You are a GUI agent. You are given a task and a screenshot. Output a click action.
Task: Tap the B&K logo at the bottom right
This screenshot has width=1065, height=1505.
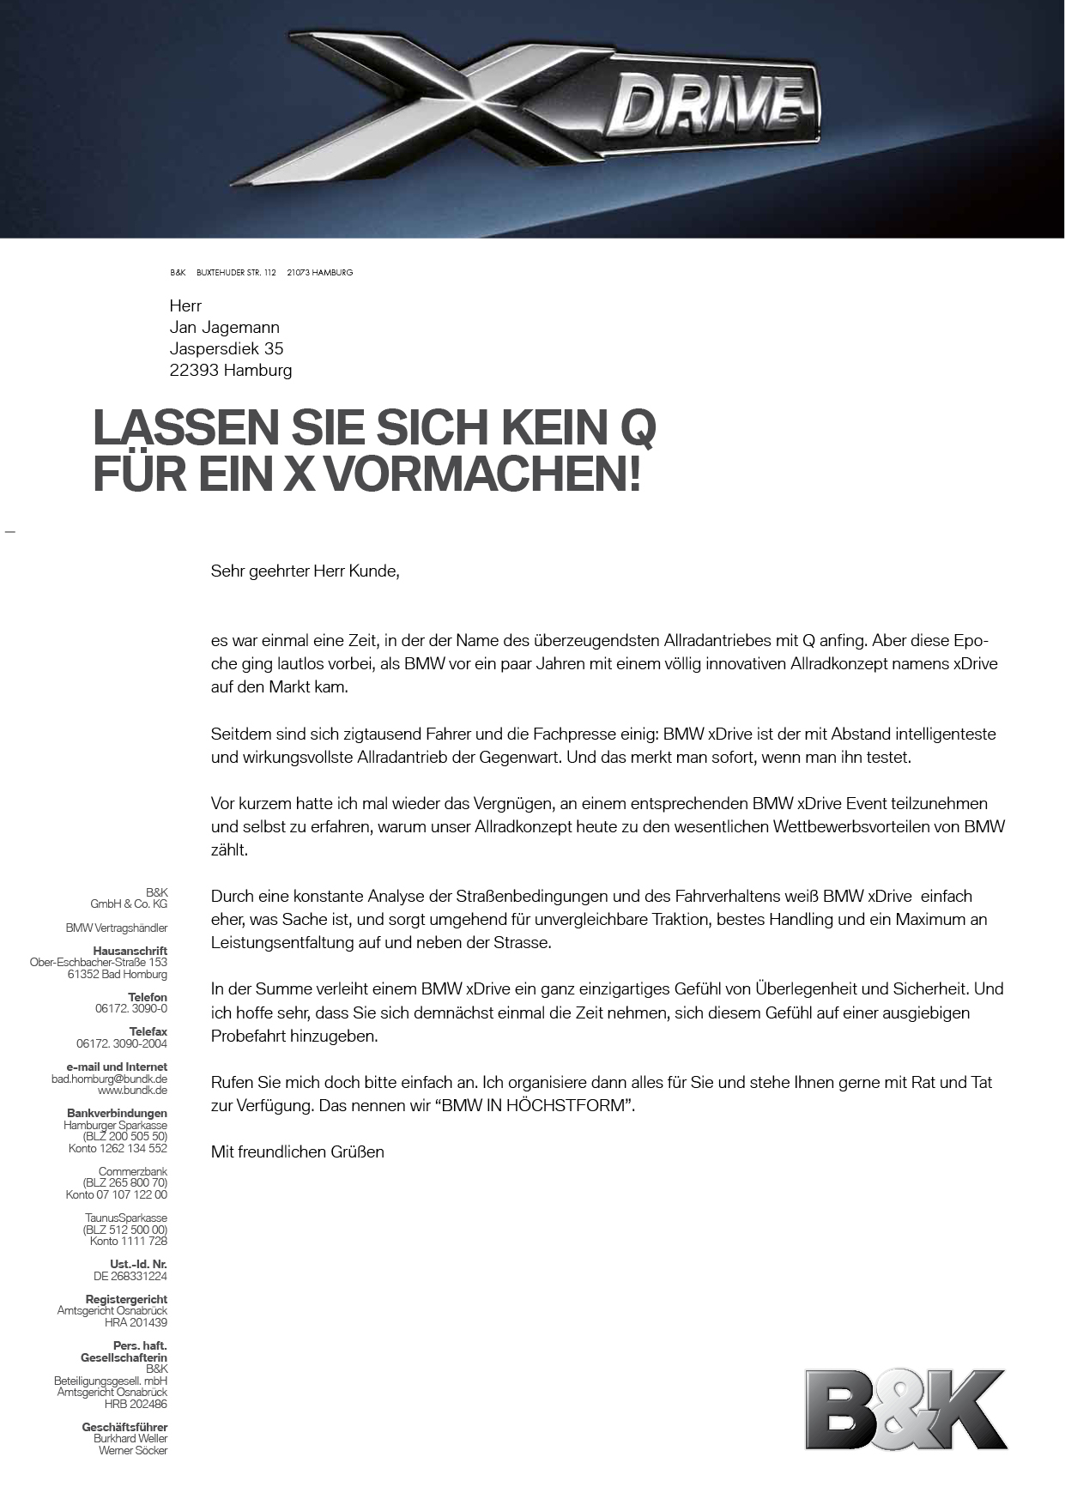[905, 1409]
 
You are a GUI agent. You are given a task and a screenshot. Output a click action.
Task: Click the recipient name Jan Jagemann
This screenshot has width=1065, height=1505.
[225, 327]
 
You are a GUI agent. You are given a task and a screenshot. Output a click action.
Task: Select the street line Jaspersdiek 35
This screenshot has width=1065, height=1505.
[227, 348]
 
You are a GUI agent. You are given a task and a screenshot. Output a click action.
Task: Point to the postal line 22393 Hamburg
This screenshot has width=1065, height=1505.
[231, 370]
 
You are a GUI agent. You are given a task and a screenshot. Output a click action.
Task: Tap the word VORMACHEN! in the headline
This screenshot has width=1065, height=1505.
[481, 474]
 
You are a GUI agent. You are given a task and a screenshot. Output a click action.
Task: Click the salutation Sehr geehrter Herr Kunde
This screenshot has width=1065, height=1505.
[306, 571]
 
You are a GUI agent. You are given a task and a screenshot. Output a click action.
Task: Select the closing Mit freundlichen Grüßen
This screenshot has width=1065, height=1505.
[298, 1151]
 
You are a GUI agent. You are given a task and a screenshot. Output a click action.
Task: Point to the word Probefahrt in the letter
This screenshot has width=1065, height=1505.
[247, 1036]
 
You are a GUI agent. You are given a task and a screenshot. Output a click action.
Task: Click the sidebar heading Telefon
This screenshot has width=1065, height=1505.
[148, 997]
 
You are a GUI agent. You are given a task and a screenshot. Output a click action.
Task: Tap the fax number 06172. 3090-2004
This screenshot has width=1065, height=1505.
[122, 1043]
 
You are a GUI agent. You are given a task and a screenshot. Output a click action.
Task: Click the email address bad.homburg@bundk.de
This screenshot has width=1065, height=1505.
[109, 1079]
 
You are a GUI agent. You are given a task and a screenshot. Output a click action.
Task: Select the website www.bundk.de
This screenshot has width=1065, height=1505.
[132, 1090]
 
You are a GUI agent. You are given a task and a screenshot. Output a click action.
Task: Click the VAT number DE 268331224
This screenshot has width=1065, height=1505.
[130, 1276]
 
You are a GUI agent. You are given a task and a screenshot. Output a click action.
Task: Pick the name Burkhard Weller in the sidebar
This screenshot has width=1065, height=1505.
[130, 1438]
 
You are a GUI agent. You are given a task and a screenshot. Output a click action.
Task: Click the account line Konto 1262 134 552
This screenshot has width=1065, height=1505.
[118, 1148]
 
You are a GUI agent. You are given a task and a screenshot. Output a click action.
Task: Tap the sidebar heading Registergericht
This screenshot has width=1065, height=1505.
[126, 1299]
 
